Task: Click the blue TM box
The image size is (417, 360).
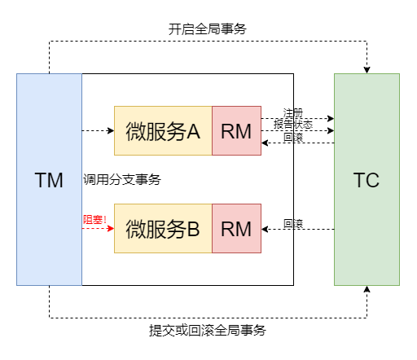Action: tap(49, 179)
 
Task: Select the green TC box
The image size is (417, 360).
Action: tap(367, 179)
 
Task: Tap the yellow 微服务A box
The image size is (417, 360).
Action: tap(163, 130)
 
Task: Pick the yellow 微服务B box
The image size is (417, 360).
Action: tap(163, 228)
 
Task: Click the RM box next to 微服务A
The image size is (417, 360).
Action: tap(236, 130)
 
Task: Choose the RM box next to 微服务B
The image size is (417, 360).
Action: tap(236, 228)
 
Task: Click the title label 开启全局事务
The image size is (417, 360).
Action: tap(208, 29)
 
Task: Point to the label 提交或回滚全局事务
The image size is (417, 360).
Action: tap(208, 331)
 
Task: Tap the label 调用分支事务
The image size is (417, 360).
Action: tap(122, 179)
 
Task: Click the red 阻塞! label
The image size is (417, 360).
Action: tap(94, 219)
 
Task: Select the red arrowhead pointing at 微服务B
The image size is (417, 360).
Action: tap(111, 228)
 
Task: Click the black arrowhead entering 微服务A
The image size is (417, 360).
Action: tap(111, 130)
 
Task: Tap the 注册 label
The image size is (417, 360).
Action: tap(293, 112)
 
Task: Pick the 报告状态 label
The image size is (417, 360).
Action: tap(293, 125)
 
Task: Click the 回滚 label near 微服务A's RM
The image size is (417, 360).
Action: tap(293, 137)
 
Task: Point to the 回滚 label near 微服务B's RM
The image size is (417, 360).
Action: tap(293, 224)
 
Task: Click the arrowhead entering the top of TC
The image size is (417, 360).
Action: tap(367, 70)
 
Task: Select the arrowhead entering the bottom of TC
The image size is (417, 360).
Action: tap(367, 289)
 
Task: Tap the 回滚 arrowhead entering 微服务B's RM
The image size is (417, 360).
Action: tap(265, 230)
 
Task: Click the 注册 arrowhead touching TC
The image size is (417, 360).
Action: tap(331, 118)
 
